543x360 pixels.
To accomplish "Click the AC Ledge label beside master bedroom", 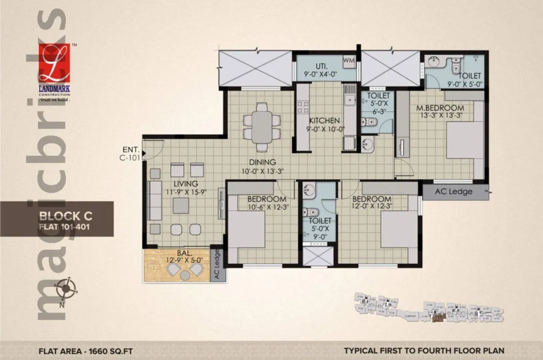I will [x=454, y=192].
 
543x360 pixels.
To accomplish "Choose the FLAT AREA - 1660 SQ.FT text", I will [x=86, y=350].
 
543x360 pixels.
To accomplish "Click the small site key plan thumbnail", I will [x=428, y=309].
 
